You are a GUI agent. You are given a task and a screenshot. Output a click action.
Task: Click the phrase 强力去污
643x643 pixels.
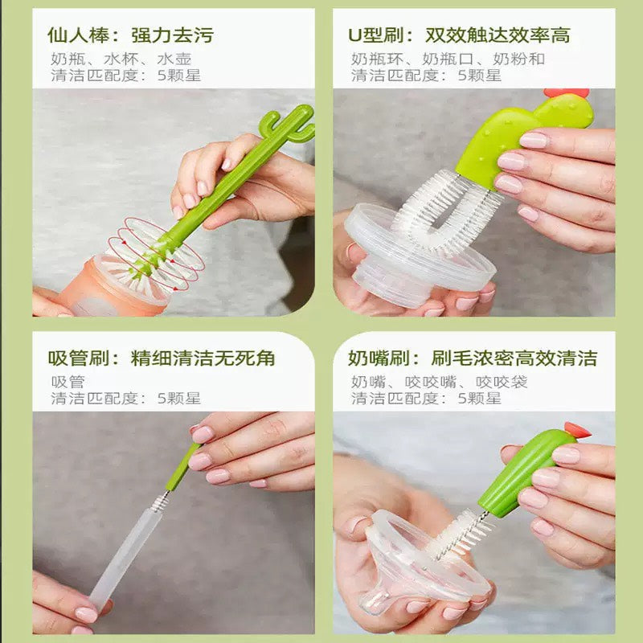coord(172,35)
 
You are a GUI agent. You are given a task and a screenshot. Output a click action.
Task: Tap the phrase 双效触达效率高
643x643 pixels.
coord(498,35)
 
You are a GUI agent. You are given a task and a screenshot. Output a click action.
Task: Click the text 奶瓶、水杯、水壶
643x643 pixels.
coord(121,59)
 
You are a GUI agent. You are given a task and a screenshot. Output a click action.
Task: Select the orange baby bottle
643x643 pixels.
coord(121,285)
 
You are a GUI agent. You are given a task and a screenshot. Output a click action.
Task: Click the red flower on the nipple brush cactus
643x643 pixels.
coord(575,430)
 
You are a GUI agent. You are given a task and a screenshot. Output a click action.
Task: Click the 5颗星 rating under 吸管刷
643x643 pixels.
coord(178,398)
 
